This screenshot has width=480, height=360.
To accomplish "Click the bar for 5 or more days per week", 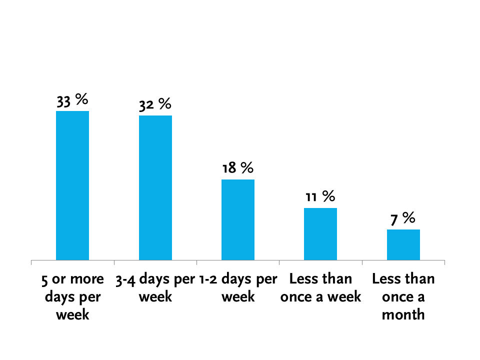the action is click(x=72, y=185).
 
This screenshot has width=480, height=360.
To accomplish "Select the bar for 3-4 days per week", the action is click(x=155, y=187).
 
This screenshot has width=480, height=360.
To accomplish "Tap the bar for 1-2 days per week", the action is click(x=238, y=220).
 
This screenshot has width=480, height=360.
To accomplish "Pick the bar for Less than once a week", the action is click(x=320, y=234).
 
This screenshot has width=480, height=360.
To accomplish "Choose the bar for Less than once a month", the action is click(x=403, y=245).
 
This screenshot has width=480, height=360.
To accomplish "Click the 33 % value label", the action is click(x=72, y=100).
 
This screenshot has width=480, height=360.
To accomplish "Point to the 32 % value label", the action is click(x=155, y=105).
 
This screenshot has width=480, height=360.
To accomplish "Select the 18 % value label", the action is click(x=238, y=168).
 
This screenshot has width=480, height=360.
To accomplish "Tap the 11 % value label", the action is click(x=320, y=196).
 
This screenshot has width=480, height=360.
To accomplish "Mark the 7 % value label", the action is click(x=403, y=218).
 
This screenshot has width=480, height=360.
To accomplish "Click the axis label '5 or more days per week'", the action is click(x=72, y=297).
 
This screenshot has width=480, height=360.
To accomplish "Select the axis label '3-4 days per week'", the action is click(x=155, y=288).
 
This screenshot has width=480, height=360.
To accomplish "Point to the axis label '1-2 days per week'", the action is click(x=238, y=288).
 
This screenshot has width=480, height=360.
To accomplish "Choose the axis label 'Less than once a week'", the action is click(x=320, y=288).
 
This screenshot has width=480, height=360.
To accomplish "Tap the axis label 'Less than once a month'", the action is click(x=403, y=297).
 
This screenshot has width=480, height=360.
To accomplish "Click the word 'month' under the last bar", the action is click(x=403, y=314).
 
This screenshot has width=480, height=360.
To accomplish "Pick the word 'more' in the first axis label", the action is click(x=87, y=279).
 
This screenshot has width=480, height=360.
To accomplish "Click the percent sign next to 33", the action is click(x=81, y=99).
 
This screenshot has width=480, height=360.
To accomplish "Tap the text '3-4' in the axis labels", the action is click(x=125, y=280).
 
